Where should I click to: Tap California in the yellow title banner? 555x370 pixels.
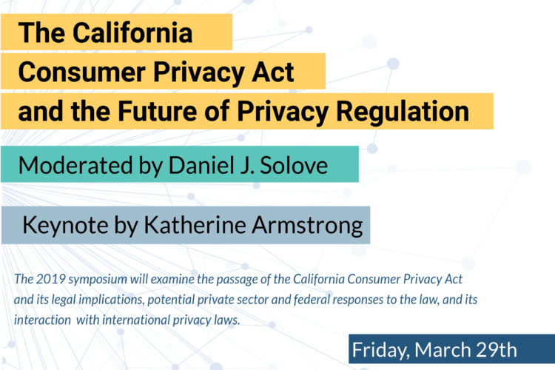(132, 33)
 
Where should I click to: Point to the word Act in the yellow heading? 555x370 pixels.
(272, 72)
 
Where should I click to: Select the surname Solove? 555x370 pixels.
(294, 165)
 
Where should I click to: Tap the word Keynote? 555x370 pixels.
(65, 225)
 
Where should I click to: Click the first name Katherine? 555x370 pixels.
(195, 225)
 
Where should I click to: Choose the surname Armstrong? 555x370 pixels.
(308, 226)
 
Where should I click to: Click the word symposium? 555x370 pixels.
(98, 280)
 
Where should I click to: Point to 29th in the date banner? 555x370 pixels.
(497, 350)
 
